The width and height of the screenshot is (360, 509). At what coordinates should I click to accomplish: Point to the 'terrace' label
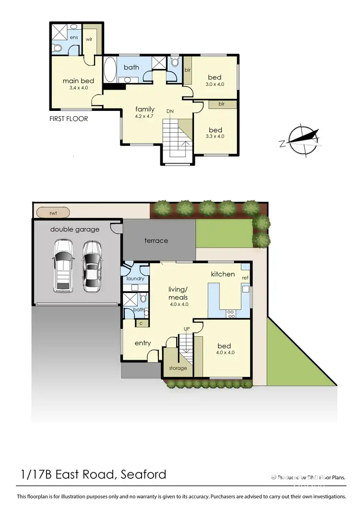point(156,240)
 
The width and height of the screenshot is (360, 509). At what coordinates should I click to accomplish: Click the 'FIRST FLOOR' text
point(69,119)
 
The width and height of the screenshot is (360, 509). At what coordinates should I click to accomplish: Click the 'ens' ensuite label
point(73,37)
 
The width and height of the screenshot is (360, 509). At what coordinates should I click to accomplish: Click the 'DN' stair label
point(170,111)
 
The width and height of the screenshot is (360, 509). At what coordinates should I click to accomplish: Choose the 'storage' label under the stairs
point(178,368)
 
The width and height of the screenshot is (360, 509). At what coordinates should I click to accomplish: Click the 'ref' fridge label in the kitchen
point(245,278)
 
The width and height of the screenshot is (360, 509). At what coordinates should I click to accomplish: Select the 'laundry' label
point(135,279)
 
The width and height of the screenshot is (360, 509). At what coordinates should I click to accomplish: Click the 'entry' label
point(143,343)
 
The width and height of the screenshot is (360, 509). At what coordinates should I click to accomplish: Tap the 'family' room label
point(145,109)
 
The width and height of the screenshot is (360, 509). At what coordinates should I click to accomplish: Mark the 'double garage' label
point(75,229)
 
